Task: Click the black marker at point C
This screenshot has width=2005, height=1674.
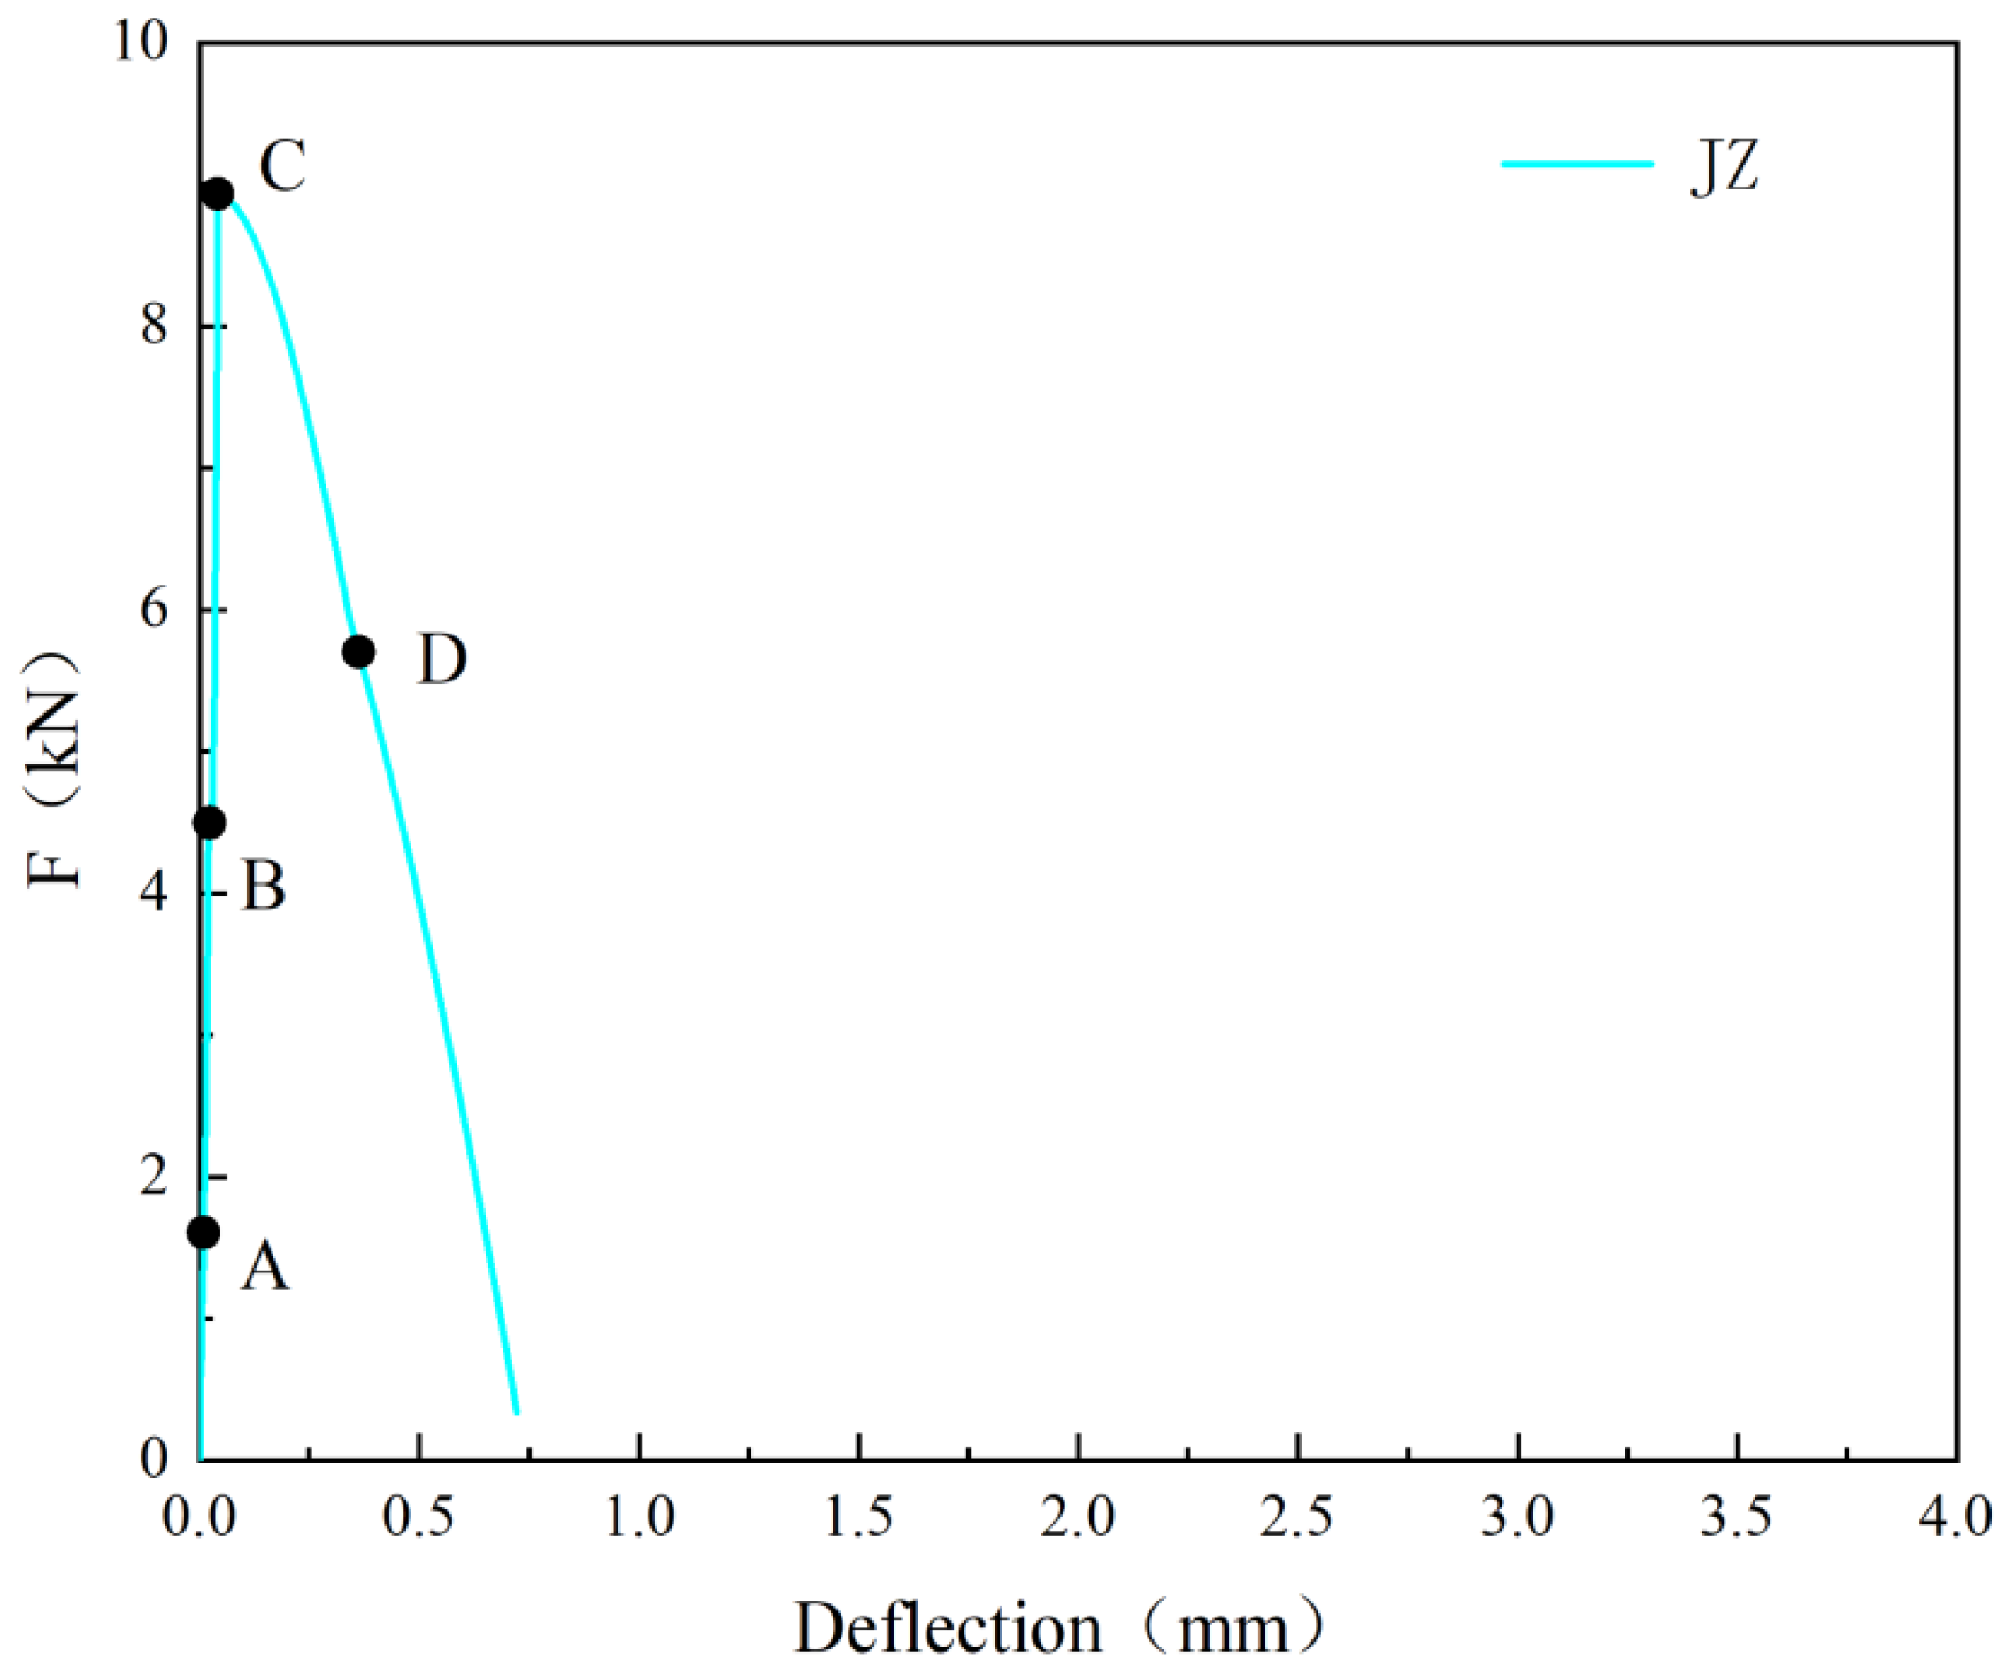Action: [x=219, y=195]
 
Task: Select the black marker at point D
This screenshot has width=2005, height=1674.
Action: [x=358, y=652]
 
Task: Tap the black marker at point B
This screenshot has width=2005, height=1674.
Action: [x=210, y=822]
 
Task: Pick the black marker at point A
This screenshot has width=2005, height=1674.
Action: [x=204, y=1232]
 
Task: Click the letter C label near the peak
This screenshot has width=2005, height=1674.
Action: [x=282, y=166]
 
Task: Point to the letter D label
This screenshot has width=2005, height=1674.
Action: [x=442, y=659]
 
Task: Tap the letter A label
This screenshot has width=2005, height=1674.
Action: [x=265, y=1269]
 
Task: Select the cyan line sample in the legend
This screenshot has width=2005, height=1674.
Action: [x=1578, y=164]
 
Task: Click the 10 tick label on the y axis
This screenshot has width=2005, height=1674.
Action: [x=142, y=43]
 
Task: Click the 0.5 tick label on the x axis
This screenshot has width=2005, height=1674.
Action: [x=419, y=1517]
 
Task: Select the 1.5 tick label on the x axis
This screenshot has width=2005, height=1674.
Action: [x=858, y=1517]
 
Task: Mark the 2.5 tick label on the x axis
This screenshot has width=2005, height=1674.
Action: [x=1296, y=1517]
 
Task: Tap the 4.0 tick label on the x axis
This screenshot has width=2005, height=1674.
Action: [x=1956, y=1517]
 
